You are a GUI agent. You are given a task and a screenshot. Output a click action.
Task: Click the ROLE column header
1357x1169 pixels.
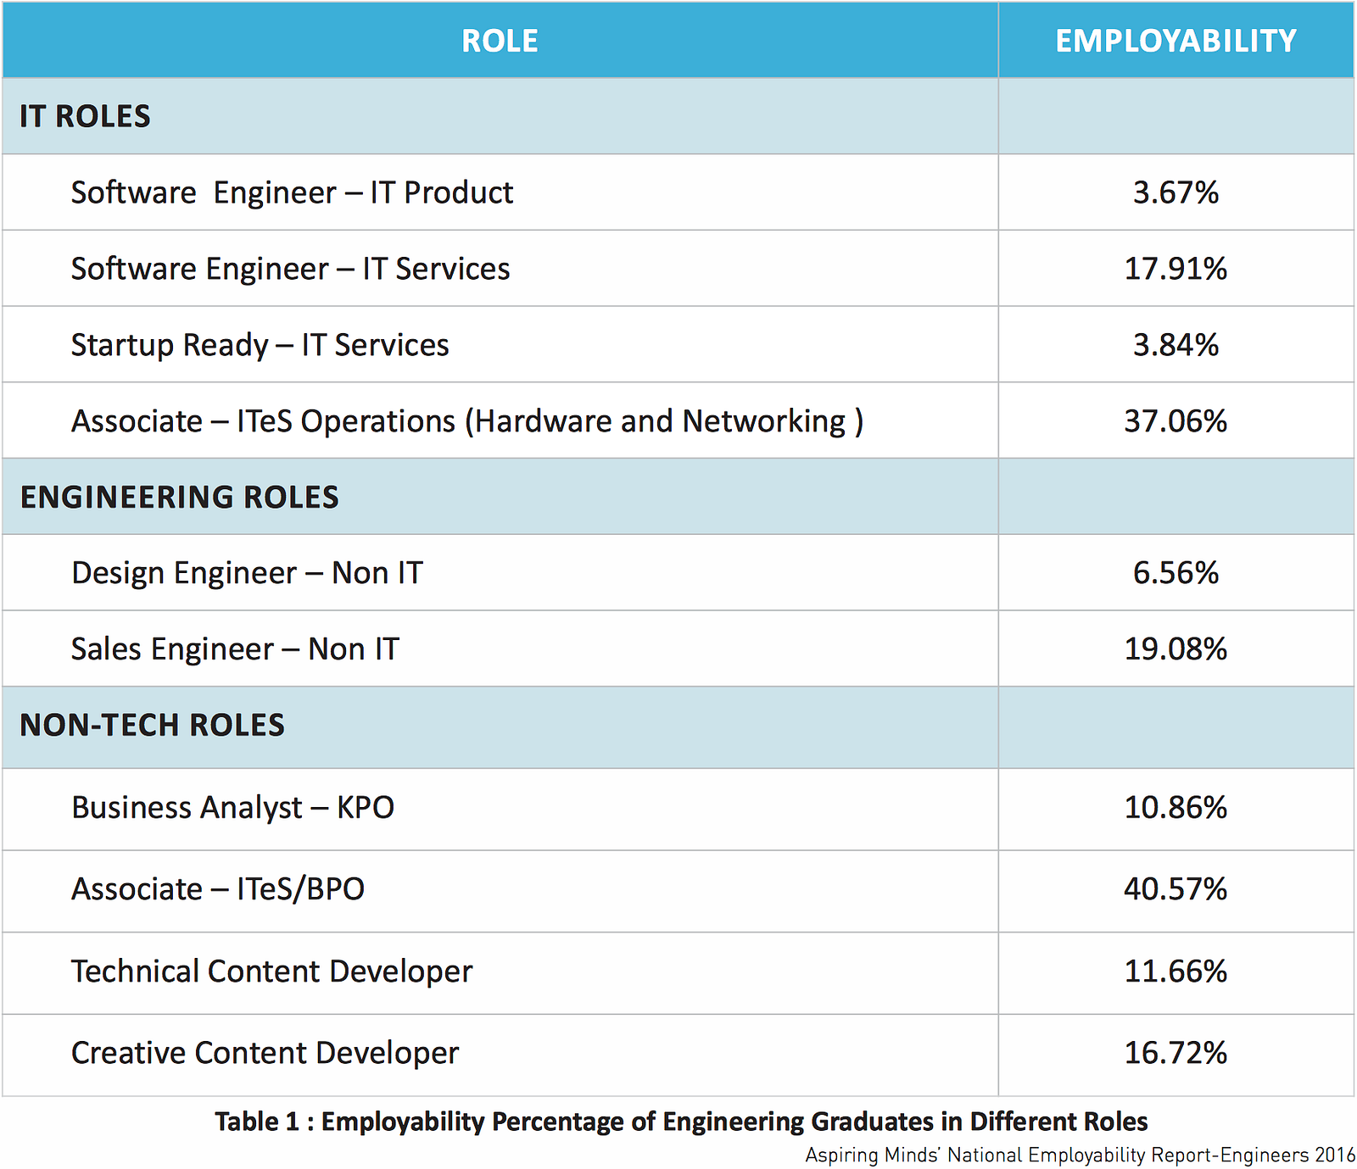pyautogui.click(x=500, y=41)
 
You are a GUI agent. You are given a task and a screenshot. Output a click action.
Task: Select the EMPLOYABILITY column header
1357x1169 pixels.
pyautogui.click(x=1176, y=41)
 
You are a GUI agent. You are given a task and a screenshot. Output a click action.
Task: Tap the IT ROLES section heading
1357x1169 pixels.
pyautogui.click(x=85, y=116)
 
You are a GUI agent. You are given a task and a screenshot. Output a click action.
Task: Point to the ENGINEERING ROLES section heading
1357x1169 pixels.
pyautogui.click(x=179, y=497)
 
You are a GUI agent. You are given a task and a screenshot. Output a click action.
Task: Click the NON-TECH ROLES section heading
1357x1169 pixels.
pyautogui.click(x=152, y=726)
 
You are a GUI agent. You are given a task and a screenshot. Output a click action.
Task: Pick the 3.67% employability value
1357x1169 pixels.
pyautogui.click(x=1176, y=192)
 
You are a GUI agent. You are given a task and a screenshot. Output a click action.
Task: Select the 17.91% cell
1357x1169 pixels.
pyautogui.click(x=1176, y=269)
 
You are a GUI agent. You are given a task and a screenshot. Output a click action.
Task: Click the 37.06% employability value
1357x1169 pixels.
pyautogui.click(x=1176, y=421)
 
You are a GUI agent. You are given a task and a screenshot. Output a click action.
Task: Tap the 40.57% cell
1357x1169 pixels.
pyautogui.click(x=1176, y=889)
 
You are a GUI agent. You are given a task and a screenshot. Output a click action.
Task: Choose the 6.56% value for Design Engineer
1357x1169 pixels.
pyautogui.click(x=1176, y=573)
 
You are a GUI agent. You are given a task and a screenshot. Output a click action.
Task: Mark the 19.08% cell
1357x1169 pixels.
pyautogui.click(x=1176, y=649)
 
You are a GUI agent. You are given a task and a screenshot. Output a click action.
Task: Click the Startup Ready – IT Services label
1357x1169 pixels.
pyautogui.click(x=260, y=345)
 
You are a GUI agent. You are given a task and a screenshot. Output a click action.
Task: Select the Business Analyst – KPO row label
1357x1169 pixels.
pyautogui.click(x=232, y=808)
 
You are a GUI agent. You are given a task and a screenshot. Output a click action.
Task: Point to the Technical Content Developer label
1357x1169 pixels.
pyautogui.click(x=271, y=971)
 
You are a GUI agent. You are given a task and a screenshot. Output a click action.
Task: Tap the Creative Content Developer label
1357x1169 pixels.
pyautogui.click(x=265, y=1053)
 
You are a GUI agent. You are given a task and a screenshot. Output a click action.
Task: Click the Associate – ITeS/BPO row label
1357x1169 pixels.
pyautogui.click(x=218, y=889)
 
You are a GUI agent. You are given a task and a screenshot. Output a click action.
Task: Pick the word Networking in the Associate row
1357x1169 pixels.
pyautogui.click(x=764, y=421)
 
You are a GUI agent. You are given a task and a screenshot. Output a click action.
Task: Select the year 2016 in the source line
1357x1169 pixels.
pyautogui.click(x=1335, y=1155)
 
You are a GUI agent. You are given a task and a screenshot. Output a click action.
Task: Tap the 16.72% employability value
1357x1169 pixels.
pyautogui.click(x=1176, y=1053)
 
